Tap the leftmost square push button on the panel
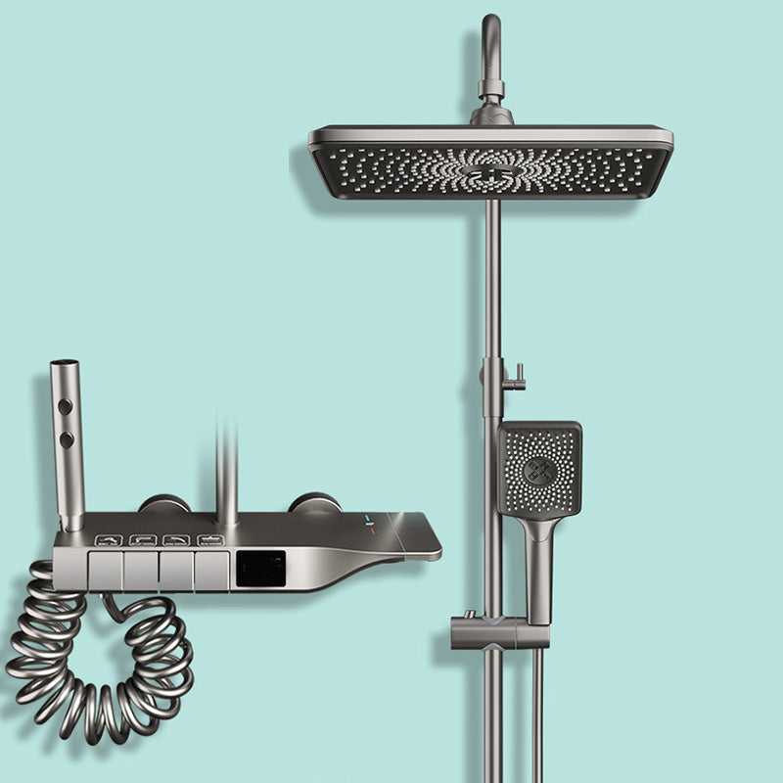tap(106, 570)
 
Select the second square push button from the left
tap(141, 570)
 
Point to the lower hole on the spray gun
tap(66, 440)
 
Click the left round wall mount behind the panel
tap(163, 504)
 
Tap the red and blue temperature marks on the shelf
tap(369, 522)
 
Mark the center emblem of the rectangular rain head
tap(490, 173)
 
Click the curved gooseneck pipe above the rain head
tap(489, 44)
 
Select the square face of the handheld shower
tap(539, 469)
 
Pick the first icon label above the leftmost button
tap(109, 539)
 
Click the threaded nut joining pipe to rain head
tap(491, 90)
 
